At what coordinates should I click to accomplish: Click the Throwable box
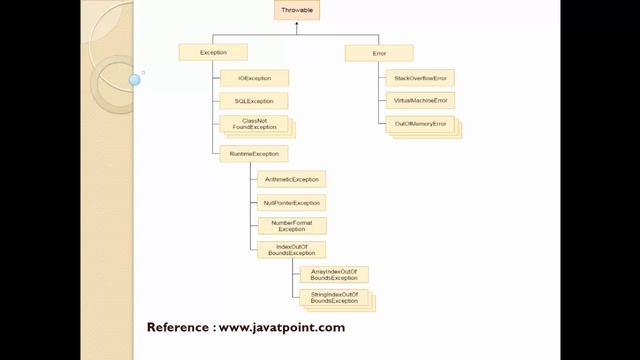click(x=297, y=11)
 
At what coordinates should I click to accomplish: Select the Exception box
click(x=213, y=51)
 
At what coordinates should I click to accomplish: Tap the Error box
click(x=378, y=51)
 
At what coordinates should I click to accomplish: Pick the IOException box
click(x=254, y=77)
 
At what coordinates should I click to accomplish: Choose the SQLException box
click(x=254, y=101)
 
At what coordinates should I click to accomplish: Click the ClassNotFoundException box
click(x=254, y=124)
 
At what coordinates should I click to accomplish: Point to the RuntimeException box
click(x=254, y=153)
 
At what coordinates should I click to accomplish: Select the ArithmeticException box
click(x=291, y=179)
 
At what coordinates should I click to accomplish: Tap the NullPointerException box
click(x=291, y=202)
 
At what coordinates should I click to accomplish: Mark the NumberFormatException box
click(x=291, y=226)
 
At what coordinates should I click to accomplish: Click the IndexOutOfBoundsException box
click(x=291, y=250)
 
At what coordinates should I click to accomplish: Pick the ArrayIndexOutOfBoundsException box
click(x=333, y=274)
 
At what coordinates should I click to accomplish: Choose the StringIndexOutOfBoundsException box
click(x=333, y=297)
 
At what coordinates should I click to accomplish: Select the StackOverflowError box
click(x=419, y=77)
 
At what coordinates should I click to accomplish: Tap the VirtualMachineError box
click(x=419, y=101)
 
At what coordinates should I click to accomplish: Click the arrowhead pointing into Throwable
click(x=297, y=25)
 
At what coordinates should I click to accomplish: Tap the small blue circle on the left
click(x=134, y=79)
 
